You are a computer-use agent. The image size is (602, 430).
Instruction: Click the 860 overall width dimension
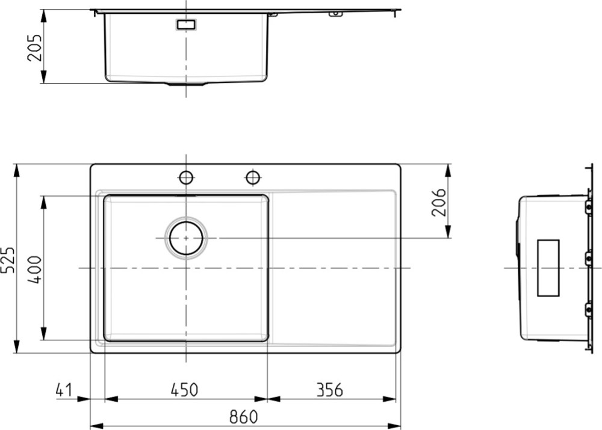coord(243,417)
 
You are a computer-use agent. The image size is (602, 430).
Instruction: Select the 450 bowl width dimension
coord(184,390)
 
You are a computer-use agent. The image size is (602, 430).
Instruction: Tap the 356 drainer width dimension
coord(329,390)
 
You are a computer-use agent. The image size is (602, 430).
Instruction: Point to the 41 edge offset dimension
coord(64,390)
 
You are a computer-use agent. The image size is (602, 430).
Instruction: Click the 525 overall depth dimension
coord(8,260)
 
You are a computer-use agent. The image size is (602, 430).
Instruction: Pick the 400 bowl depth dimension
coord(35,269)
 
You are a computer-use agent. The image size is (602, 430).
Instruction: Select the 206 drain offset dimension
coord(439,202)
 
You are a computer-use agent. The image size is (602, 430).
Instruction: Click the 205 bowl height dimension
coord(34,48)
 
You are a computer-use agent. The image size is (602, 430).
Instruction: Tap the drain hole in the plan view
coord(186,238)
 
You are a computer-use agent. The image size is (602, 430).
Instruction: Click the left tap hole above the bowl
coord(186,177)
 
